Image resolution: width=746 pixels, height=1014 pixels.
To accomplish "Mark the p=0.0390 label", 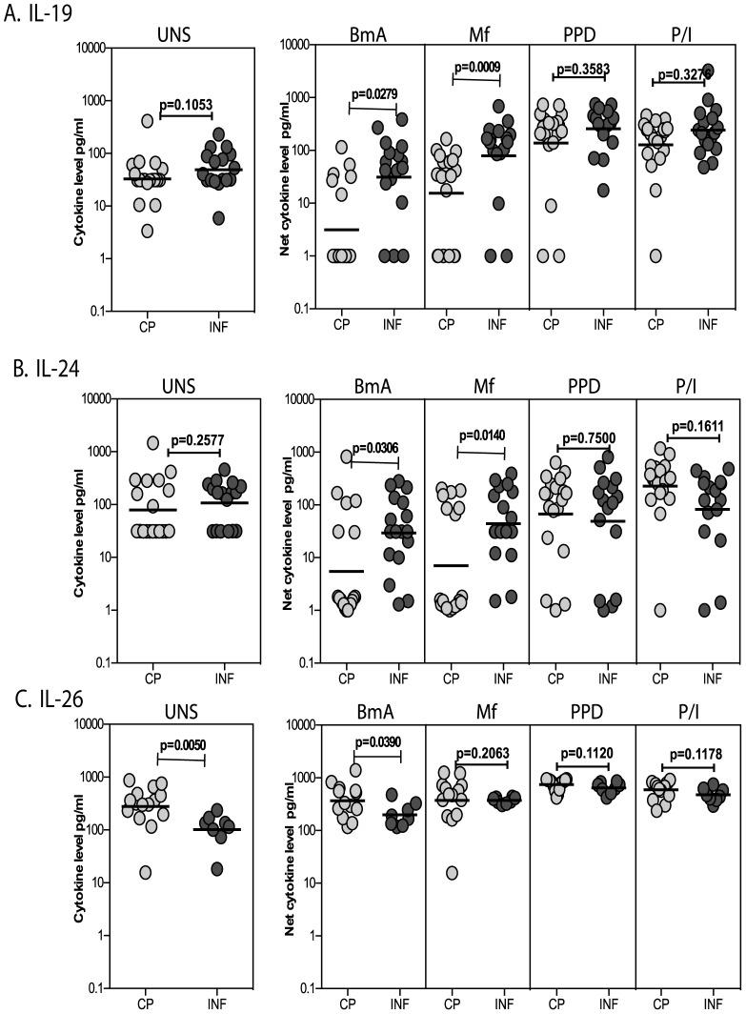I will (376, 742).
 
